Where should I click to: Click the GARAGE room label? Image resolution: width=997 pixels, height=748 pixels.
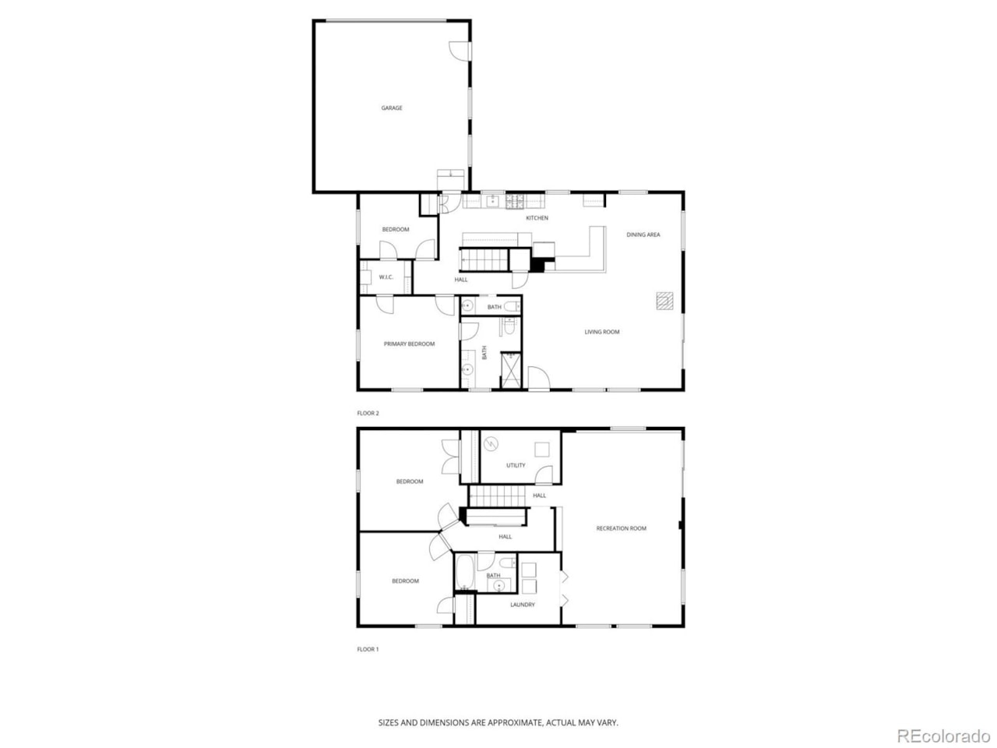point(392,108)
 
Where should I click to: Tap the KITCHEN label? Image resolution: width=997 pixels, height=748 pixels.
point(537,218)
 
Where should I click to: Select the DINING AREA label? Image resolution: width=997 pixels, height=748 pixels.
point(643,235)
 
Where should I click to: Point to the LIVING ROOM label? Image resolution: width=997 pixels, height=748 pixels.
point(602,332)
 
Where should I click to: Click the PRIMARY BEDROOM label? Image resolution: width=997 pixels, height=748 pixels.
point(409,344)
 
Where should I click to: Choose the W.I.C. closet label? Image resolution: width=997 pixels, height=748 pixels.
point(386,277)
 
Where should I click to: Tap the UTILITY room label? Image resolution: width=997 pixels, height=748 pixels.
point(516,465)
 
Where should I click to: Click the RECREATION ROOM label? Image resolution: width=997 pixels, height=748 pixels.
point(621,528)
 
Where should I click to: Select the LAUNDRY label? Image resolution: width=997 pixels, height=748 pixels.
point(523,605)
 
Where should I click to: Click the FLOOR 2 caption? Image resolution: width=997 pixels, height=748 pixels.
point(368,413)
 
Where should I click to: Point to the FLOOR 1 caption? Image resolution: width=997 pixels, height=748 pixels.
point(368,649)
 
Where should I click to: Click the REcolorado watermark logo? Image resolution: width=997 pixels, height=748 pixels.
point(942,735)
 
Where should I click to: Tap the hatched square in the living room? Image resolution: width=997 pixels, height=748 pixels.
point(664,302)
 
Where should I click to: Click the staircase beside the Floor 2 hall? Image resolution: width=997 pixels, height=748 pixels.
point(483,259)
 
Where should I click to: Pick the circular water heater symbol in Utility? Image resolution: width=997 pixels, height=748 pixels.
point(491,445)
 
